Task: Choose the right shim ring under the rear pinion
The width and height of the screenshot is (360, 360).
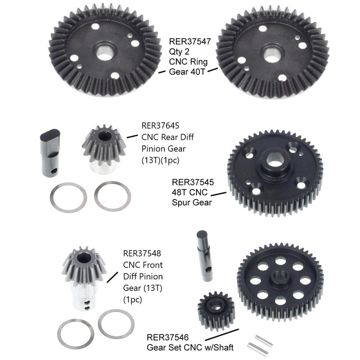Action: (x=110, y=195)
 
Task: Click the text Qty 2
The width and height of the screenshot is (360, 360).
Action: (x=180, y=52)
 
